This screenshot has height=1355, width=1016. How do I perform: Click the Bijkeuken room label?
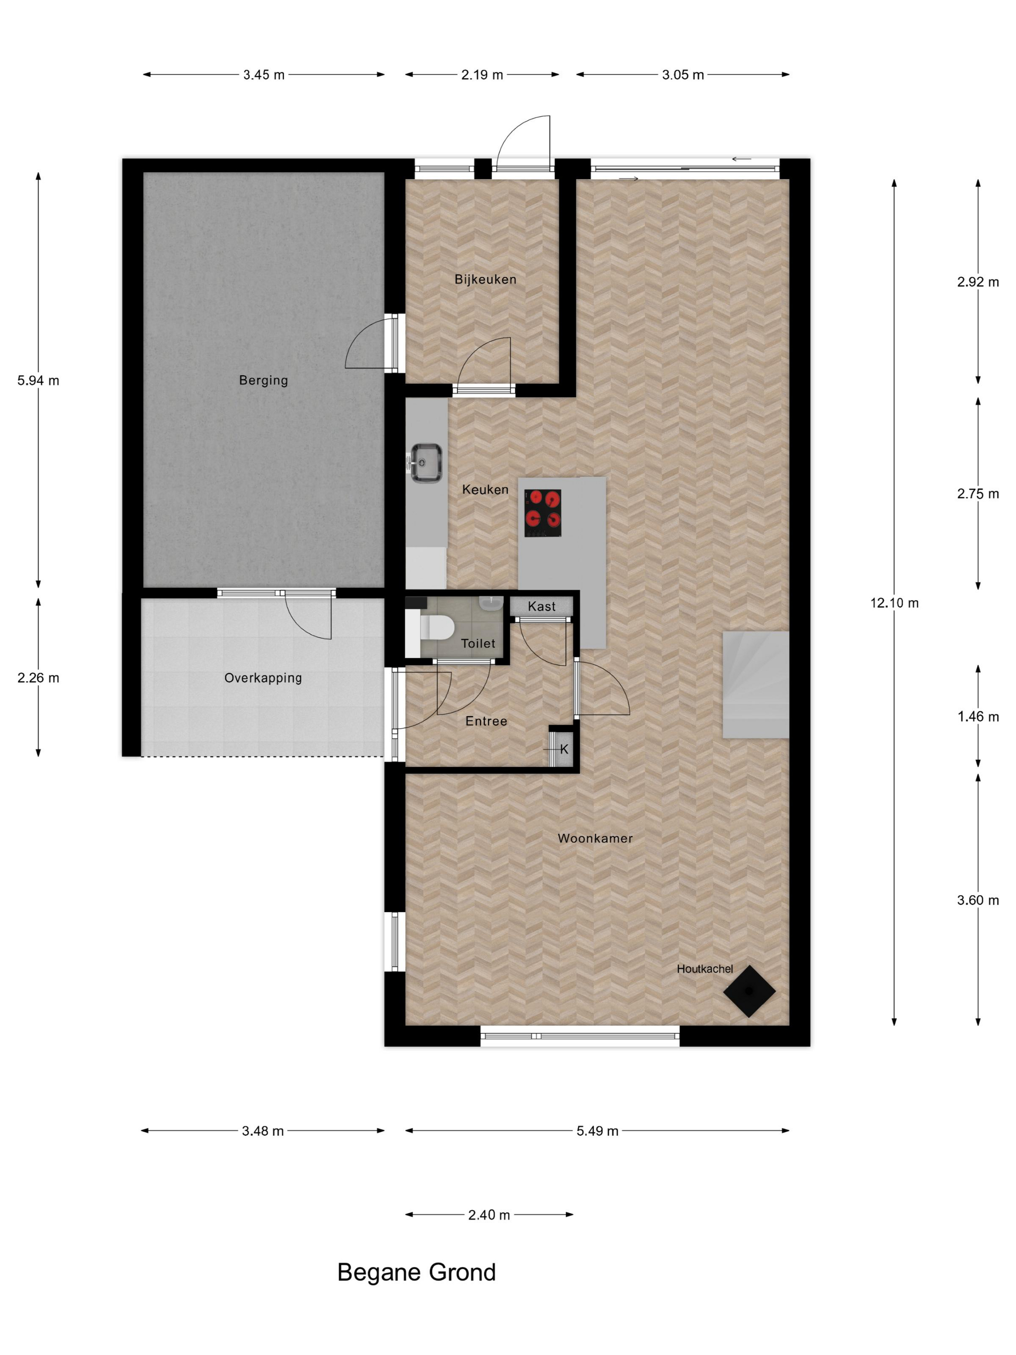pyautogui.click(x=485, y=279)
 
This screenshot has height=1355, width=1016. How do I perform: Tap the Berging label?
pyautogui.click(x=263, y=380)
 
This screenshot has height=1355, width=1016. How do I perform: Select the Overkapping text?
pyautogui.click(x=263, y=678)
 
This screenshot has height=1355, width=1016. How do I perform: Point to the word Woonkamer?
pyautogui.click(x=595, y=839)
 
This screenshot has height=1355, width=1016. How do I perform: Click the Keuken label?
pyautogui.click(x=485, y=489)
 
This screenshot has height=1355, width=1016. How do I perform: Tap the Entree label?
pyautogui.click(x=486, y=721)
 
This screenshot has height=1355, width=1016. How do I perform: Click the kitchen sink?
pyautogui.click(x=426, y=463)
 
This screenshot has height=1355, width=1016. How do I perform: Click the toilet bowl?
pyautogui.click(x=436, y=627)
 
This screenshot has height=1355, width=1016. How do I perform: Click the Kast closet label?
pyautogui.click(x=541, y=606)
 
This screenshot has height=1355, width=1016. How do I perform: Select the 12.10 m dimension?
pyautogui.click(x=894, y=603)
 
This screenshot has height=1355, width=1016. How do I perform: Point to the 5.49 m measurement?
pyautogui.click(x=597, y=1131)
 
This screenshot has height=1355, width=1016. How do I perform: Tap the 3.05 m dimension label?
pyautogui.click(x=683, y=75)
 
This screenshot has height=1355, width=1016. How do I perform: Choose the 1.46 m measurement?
pyautogui.click(x=978, y=716)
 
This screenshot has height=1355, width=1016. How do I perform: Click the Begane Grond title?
pyautogui.click(x=417, y=1272)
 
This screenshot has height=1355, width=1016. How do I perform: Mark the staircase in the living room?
pyautogui.click(x=756, y=684)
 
